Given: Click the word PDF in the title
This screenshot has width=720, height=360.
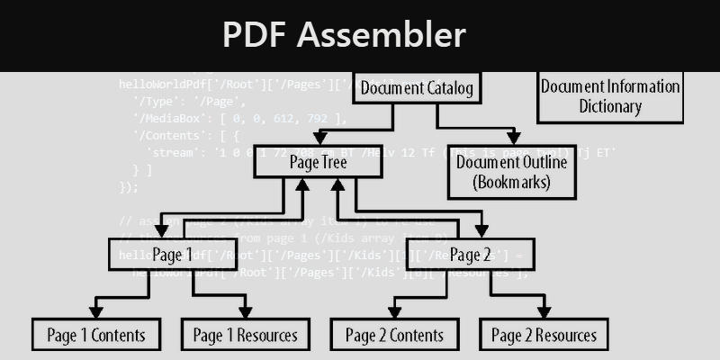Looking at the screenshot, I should click(255, 35).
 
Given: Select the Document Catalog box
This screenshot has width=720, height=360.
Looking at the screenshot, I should click(417, 88).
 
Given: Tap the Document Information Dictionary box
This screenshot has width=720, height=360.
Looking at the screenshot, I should click(609, 96).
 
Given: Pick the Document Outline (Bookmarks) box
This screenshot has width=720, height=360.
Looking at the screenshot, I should click(511, 172).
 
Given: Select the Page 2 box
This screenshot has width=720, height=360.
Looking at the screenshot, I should click(470, 254).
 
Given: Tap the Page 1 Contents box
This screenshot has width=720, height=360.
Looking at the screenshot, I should click(95, 336).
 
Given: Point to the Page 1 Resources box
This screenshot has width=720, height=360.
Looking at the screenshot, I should click(245, 336).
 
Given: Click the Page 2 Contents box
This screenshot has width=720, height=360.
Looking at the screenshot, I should click(394, 336).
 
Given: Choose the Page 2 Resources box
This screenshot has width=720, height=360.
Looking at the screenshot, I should click(544, 336).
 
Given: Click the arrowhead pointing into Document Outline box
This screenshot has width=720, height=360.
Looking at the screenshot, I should click(513, 139).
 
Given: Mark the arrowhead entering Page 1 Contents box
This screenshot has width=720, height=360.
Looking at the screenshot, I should click(96, 312).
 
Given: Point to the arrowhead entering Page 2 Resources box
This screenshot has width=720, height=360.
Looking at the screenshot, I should click(544, 312).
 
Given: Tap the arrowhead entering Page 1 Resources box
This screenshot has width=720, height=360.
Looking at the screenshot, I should click(246, 312).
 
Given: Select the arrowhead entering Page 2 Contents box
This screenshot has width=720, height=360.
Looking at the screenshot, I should click(396, 312).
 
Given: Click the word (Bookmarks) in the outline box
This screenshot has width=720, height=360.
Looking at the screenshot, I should click(511, 183).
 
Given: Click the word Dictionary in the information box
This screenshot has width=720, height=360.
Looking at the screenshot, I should click(609, 107).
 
